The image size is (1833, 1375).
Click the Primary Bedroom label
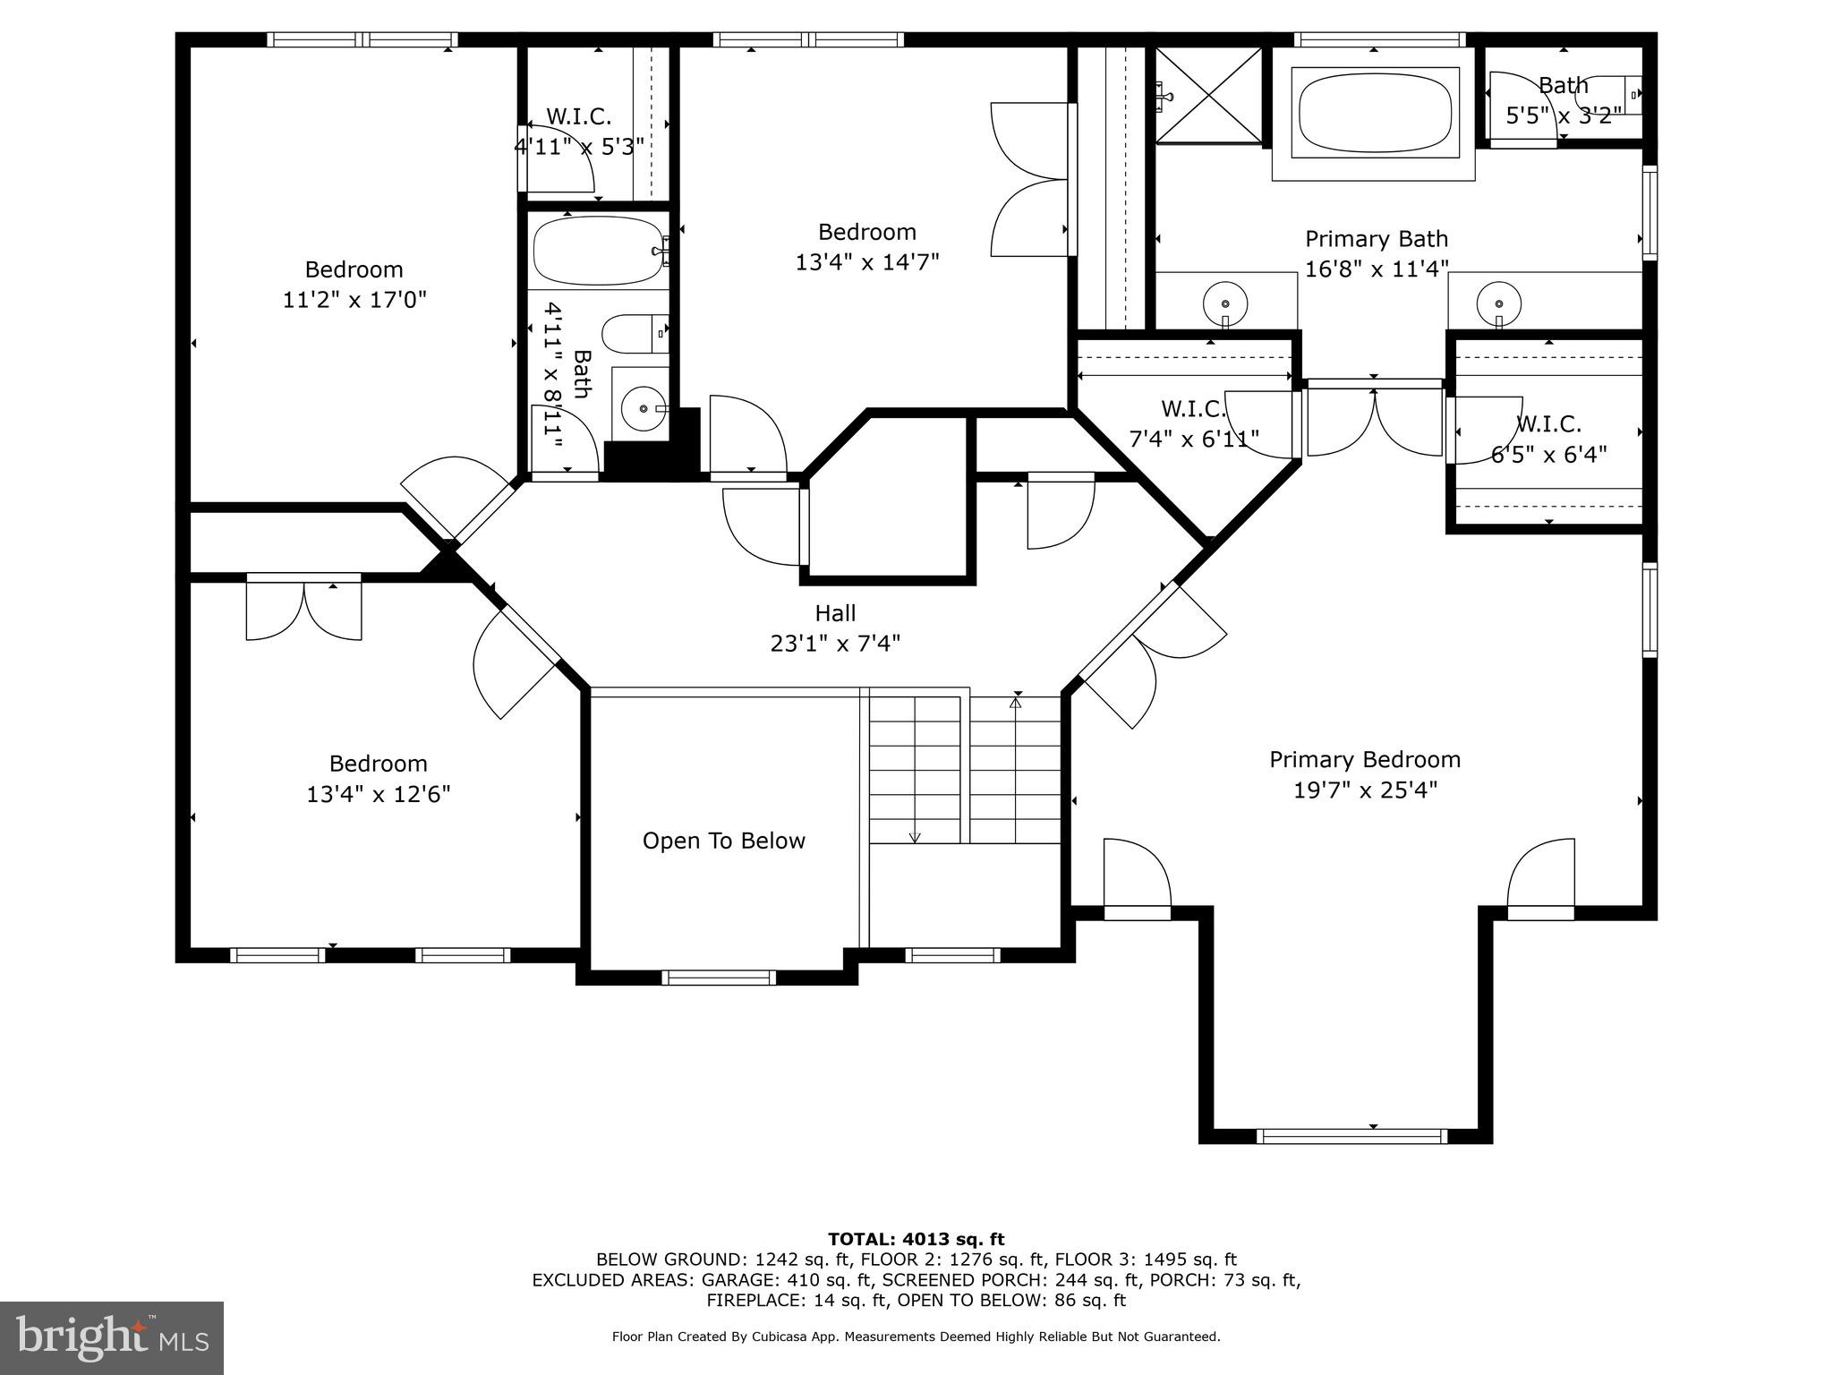point(1364,760)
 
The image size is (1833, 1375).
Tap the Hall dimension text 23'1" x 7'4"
point(835,644)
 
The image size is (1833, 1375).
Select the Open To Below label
point(723,841)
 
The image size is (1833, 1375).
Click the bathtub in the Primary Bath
point(1374,113)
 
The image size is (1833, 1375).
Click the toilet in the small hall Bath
point(635,334)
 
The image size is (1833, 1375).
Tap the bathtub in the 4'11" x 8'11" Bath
point(597,251)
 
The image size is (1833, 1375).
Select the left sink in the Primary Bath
point(1224,300)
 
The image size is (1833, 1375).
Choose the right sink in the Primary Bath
point(1498,300)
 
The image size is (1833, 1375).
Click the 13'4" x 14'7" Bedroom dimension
point(866,262)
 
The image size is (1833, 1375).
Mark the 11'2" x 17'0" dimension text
point(354,300)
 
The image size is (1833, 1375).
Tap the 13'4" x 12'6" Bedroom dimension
point(378,794)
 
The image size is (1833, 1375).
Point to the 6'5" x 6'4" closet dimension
point(1548,455)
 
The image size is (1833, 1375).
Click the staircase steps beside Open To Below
point(965,770)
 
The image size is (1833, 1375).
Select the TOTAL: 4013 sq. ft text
point(916,1239)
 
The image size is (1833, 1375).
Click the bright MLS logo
point(111,1337)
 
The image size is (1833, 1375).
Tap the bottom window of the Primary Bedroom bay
point(1351,1136)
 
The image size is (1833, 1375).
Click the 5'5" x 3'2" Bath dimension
point(1563,115)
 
